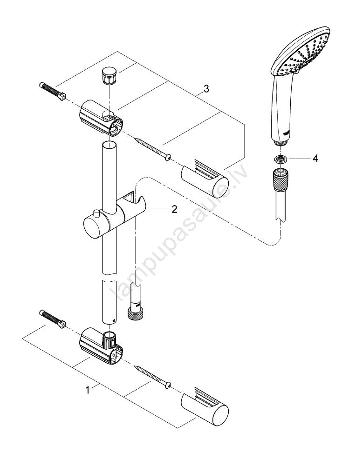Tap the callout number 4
[x=315, y=159]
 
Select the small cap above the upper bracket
[x=108, y=75]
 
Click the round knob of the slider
[x=94, y=226]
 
